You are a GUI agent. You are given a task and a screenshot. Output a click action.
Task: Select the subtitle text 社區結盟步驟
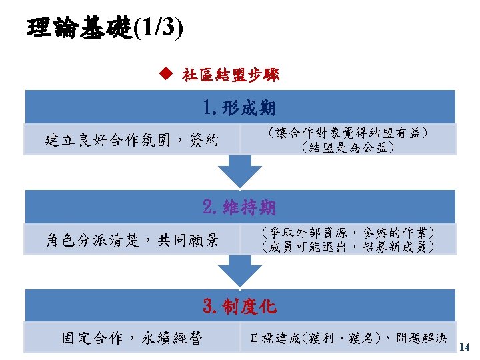pos(231,75)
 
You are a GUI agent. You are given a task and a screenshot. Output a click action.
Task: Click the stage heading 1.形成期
pos(240,107)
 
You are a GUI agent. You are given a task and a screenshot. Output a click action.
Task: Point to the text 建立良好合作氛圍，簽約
pos(131,140)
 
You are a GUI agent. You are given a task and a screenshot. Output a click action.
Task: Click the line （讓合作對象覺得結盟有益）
pos(347,133)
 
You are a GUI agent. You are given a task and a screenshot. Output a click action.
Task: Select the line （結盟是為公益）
pos(347,147)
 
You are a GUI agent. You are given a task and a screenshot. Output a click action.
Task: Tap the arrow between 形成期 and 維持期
pos(240,171)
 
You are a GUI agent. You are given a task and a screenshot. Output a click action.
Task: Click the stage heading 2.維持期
pos(240,207)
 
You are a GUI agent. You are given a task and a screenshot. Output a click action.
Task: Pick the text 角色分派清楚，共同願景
pos(131,240)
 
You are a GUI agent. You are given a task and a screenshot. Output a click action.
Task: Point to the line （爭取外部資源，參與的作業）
pos(347,233)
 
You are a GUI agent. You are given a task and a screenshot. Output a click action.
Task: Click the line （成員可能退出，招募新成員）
pos(347,247)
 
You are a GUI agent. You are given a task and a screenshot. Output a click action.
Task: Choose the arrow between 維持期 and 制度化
pos(240,271)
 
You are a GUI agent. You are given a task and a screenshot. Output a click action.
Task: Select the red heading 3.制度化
pos(240,307)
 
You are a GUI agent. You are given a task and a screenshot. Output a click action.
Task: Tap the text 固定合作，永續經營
pos(131,338)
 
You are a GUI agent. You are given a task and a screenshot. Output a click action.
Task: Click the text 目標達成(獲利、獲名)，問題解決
pos(348,339)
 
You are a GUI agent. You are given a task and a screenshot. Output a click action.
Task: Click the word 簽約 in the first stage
pos(203,140)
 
